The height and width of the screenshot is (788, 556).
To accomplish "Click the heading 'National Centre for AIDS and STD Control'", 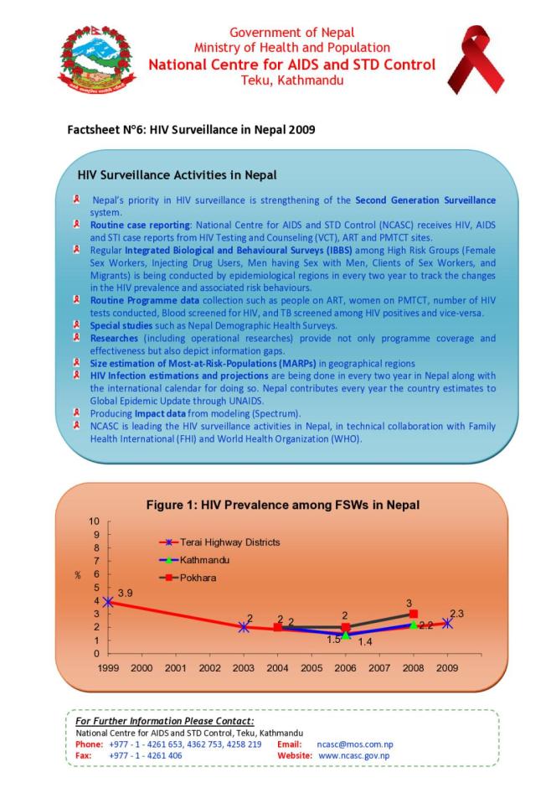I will click(291, 65).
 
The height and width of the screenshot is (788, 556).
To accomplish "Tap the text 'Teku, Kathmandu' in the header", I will click(291, 80).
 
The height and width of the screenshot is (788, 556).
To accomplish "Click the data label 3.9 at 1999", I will click(125, 593).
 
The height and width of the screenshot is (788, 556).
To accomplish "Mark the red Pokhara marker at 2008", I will click(414, 614).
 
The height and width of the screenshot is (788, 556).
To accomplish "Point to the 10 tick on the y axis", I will click(95, 521).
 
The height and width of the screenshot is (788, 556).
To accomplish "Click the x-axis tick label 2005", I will click(311, 668).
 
